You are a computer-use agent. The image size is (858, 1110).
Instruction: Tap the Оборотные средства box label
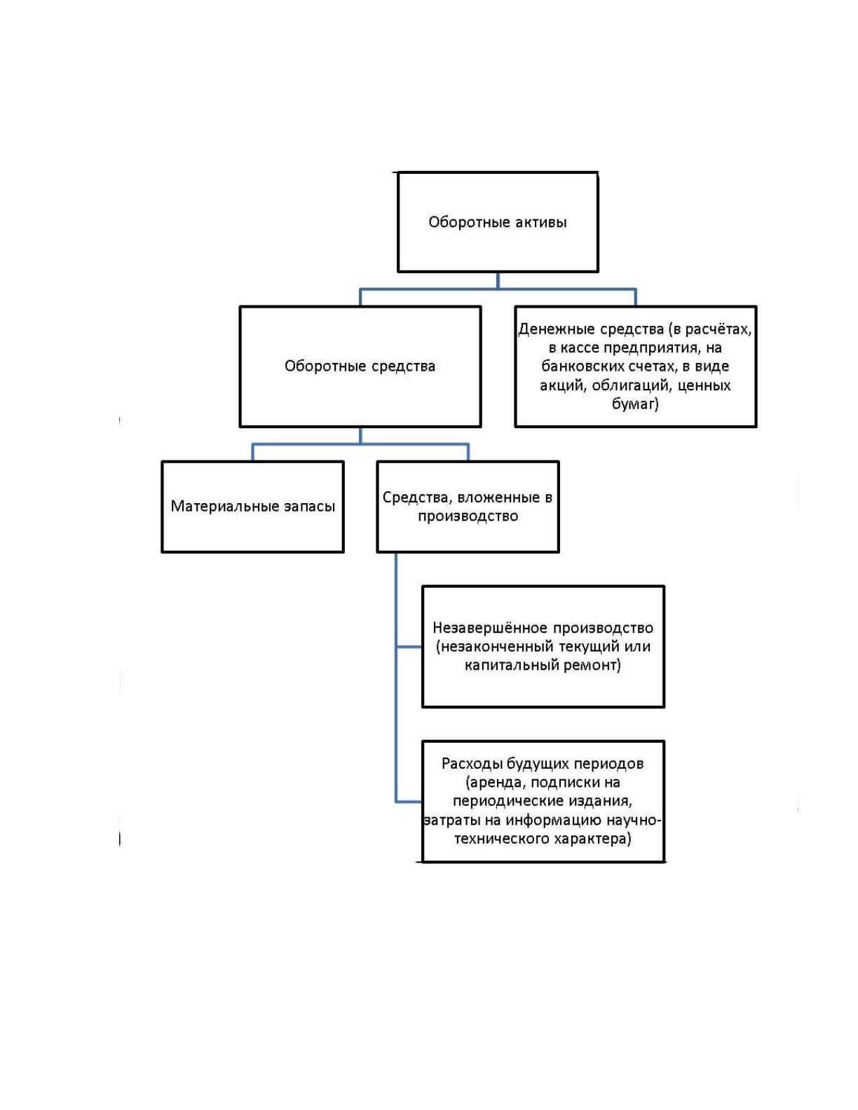click(360, 366)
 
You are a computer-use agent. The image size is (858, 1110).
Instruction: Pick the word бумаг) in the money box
click(635, 404)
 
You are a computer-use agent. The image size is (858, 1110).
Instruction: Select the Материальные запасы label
click(253, 506)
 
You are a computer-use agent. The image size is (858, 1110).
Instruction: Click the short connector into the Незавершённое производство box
click(409, 646)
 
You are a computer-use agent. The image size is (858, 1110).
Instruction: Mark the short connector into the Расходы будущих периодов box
click(409, 802)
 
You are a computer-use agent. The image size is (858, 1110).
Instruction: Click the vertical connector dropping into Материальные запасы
click(252, 452)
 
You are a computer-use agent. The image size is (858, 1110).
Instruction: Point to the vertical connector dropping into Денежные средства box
click(635, 297)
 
